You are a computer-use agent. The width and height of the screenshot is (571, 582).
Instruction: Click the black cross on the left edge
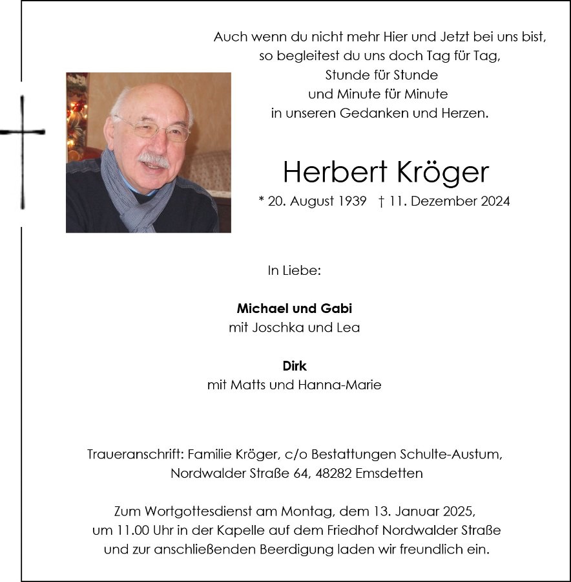point(23,133)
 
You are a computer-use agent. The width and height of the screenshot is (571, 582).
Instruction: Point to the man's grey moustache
point(153,158)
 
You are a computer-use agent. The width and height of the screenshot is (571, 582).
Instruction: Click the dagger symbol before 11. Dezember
point(382,201)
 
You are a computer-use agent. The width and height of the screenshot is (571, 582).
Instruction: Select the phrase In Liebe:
point(294,270)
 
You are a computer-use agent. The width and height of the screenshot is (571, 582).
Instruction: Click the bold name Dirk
point(295,366)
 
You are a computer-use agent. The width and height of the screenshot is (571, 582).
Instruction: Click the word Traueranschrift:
point(133,454)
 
